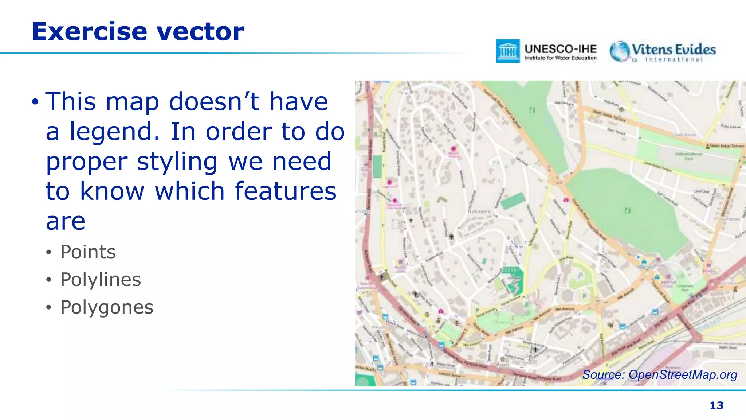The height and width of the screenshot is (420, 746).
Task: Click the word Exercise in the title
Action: [x=89, y=32]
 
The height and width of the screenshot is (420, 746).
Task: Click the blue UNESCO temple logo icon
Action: [x=507, y=51]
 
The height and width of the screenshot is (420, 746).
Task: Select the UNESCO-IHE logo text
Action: [x=560, y=49]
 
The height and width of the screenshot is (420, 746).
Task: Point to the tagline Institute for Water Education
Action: [x=560, y=58]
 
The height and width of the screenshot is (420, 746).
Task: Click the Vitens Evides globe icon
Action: [x=619, y=51]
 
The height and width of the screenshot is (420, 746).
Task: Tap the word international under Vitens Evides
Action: [x=674, y=59]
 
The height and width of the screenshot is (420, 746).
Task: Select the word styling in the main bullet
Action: [x=177, y=162]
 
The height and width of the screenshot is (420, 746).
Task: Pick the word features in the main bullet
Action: [x=286, y=191]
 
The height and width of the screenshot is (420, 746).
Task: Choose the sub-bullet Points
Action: [x=88, y=252]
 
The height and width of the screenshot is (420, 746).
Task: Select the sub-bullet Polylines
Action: [x=101, y=280]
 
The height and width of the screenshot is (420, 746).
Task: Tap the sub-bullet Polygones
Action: [x=107, y=307]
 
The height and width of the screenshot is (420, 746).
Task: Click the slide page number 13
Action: [x=716, y=405]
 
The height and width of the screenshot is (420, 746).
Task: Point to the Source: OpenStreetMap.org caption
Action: [x=659, y=375]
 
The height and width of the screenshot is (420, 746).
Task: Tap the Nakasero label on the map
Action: [x=479, y=211]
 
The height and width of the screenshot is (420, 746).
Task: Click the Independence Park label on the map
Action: [x=688, y=156]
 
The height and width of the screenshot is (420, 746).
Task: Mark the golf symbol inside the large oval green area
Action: [x=627, y=211]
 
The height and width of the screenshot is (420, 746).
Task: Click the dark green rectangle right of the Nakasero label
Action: [x=513, y=201]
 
